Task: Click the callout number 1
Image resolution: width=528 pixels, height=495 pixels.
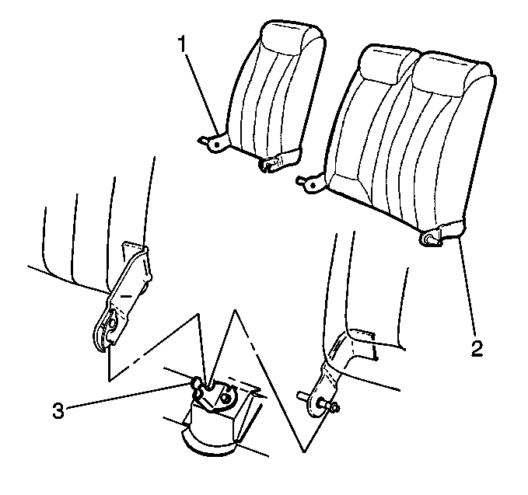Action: pyautogui.click(x=182, y=44)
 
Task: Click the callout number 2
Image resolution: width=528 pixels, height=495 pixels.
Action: pyautogui.click(x=477, y=349)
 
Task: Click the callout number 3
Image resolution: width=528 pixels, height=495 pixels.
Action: pyautogui.click(x=58, y=410)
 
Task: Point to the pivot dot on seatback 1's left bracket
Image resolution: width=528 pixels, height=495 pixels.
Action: pyautogui.click(x=217, y=145)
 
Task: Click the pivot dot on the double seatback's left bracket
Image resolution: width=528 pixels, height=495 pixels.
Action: pyautogui.click(x=313, y=185)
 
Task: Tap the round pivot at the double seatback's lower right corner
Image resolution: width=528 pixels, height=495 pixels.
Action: pyautogui.click(x=429, y=239)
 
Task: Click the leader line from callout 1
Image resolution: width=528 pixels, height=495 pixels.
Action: pyautogui.click(x=201, y=94)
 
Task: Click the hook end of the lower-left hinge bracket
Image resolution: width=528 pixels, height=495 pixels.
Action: pyautogui.click(x=104, y=332)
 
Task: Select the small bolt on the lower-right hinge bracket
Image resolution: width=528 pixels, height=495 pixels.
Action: pyautogui.click(x=334, y=408)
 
